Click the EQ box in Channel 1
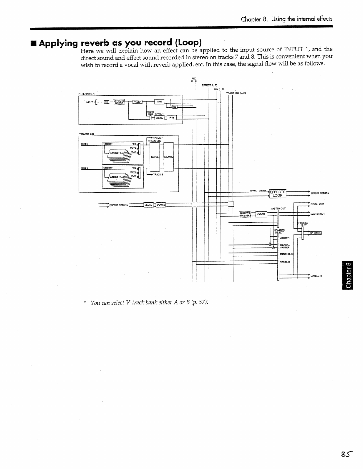coord(107,102)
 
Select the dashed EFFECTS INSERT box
coord(119,102)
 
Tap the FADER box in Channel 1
coord(137,102)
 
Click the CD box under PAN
coord(175,107)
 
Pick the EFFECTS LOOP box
coord(278,193)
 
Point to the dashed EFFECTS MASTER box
coord(245,214)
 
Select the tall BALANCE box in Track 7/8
coord(169,157)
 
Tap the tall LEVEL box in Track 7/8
coord(155,157)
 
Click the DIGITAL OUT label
coord(317,204)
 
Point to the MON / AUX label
coord(316,276)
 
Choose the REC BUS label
coord(285,262)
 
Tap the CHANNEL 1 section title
coord(87,94)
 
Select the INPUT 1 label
coord(89,102)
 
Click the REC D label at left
coord(85,168)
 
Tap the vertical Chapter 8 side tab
coord(348,275)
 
